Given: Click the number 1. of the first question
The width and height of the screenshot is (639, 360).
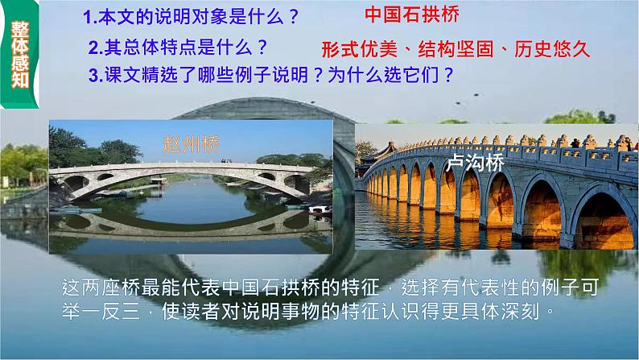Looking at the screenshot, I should pos(91,16).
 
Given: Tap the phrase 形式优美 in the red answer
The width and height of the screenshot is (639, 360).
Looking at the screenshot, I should pos(354,49).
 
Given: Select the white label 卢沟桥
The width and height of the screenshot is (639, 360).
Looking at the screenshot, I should pos(476,164).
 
